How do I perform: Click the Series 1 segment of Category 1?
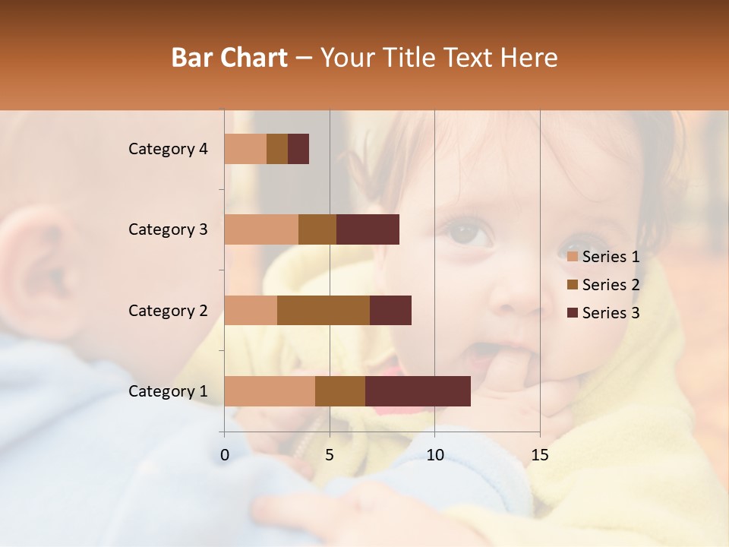[x=270, y=391]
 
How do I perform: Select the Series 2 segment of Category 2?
[x=323, y=310]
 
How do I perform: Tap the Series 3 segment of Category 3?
[x=368, y=229]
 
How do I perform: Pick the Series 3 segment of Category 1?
[x=418, y=391]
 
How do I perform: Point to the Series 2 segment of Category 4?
[x=277, y=149]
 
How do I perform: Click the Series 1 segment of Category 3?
[x=261, y=229]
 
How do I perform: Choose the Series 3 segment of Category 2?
[x=390, y=310]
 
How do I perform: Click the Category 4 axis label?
[x=168, y=149]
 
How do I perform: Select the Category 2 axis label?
[x=168, y=310]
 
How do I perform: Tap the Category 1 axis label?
[x=168, y=391]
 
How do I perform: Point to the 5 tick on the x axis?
[x=330, y=455]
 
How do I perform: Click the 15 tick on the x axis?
[x=539, y=455]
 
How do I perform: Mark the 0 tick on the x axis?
[x=225, y=455]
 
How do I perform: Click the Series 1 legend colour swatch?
[x=572, y=257]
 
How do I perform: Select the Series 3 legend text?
[x=611, y=313]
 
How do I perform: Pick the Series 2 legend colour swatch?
[x=572, y=285]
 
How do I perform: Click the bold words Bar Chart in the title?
[x=229, y=58]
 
